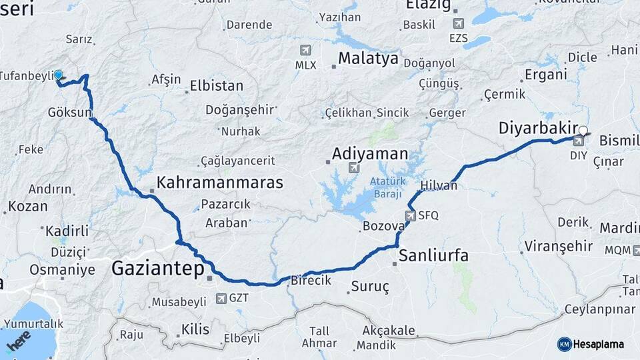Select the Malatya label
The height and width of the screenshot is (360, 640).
point(368,58)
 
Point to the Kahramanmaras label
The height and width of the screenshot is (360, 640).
point(220,182)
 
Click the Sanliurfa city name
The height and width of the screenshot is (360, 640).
point(433,255)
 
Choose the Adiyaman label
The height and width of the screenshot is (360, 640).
point(370,154)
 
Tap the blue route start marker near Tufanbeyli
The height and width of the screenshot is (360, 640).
point(58,76)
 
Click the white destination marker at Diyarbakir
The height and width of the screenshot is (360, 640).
point(583,131)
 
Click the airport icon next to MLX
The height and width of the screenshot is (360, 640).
point(306,50)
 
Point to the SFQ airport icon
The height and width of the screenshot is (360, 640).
point(410,215)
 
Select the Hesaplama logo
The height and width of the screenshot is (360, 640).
point(590,344)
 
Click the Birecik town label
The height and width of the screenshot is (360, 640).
point(311,281)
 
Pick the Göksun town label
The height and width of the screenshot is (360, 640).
point(69,113)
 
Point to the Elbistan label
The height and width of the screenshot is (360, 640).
point(216,85)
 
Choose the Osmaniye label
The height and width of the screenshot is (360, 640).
point(62,270)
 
